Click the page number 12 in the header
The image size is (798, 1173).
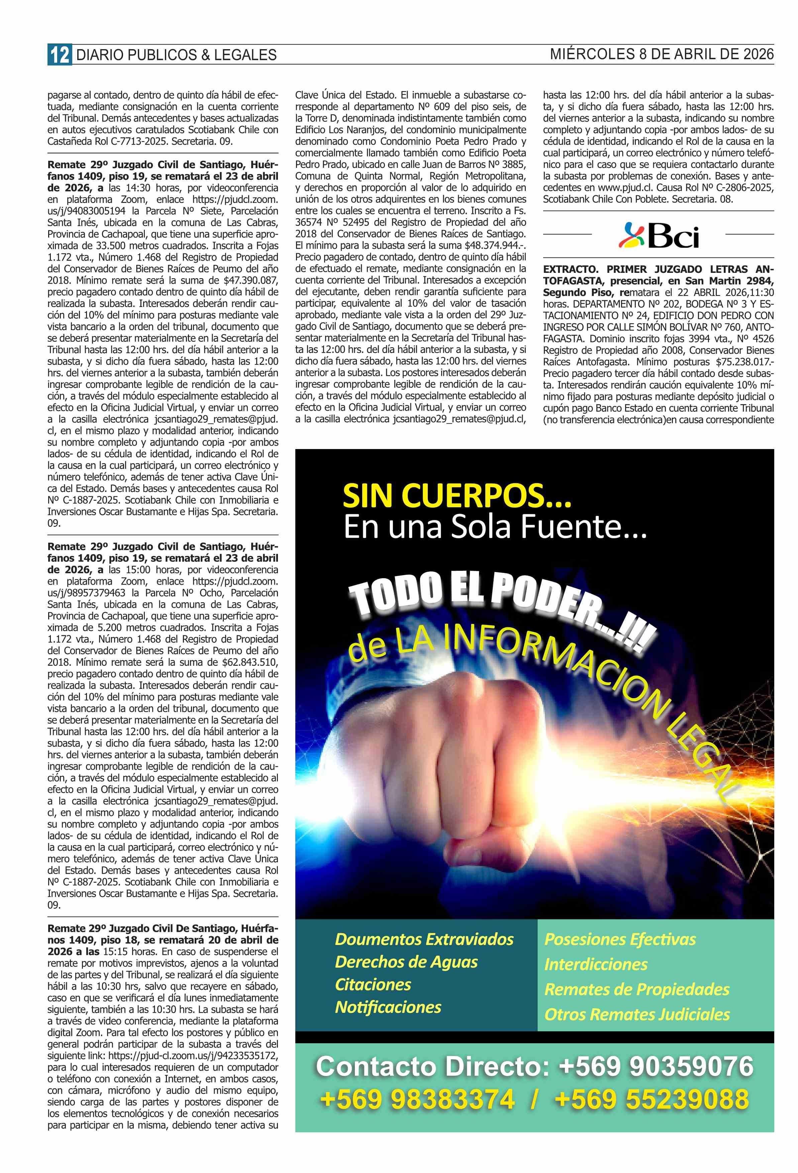tap(59, 55)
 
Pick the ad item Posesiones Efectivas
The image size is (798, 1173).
tap(620, 939)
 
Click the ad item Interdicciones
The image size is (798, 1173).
tap(596, 964)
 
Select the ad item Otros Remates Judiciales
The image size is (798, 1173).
tap(637, 1014)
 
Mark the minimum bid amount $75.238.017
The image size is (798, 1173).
tap(742, 362)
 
